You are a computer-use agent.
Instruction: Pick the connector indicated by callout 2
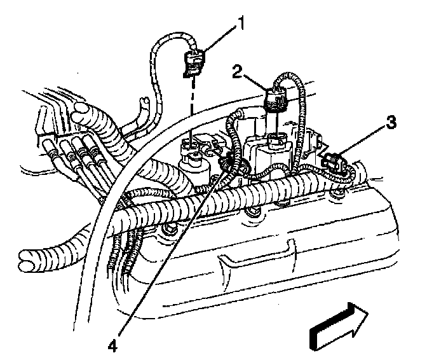[x=275, y=100]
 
